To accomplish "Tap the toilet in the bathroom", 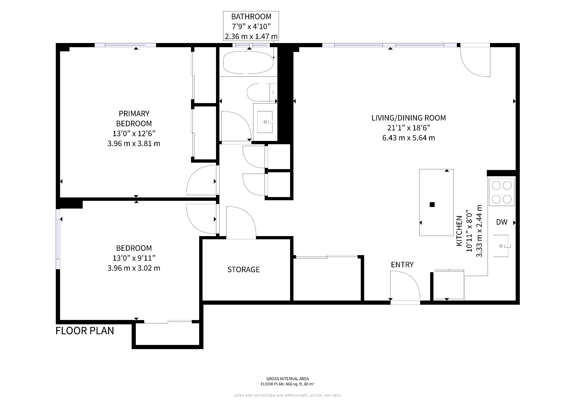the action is click(262, 92).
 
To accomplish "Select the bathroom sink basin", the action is click(265, 122).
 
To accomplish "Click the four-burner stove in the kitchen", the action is click(502, 192).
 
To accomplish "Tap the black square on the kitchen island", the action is click(432, 205).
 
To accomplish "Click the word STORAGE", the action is click(243, 269).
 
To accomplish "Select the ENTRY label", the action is click(402, 264).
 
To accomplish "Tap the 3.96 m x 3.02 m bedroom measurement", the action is click(134, 268).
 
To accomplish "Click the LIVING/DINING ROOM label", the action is click(409, 118).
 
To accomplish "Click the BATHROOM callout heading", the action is click(251, 16).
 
